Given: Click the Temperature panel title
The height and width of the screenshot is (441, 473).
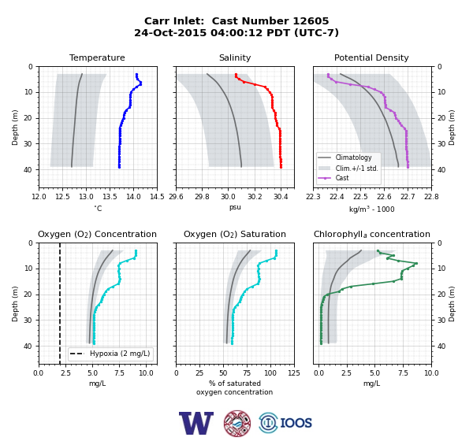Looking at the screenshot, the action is point(97,57).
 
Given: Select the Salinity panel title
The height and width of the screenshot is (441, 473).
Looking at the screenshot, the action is point(235,57).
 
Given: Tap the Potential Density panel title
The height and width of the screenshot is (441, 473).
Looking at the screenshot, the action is point(371,57).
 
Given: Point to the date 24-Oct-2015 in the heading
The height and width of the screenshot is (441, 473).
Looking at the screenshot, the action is point(170,32).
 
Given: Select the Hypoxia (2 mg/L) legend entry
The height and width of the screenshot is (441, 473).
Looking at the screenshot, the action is point(110,354).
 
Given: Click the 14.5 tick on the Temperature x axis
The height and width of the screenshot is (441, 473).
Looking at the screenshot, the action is point(157,197).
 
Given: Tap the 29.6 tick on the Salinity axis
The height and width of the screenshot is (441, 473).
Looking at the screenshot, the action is point(176,197).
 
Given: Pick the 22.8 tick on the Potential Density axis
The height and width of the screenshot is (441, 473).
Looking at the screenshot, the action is point(431,197).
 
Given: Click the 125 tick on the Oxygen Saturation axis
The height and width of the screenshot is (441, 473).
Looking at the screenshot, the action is point(294,373).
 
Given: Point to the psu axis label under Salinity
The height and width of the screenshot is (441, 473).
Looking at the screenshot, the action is point(235,207).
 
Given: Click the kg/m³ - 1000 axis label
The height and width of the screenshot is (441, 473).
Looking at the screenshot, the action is point(371,209).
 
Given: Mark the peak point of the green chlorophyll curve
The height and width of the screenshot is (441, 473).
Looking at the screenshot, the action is point(416,264).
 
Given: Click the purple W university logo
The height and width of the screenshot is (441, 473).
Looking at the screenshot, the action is point(196,423).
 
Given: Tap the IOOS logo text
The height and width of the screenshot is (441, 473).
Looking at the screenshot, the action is point(296,423).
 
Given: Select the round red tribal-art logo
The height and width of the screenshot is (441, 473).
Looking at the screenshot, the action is point(237,423).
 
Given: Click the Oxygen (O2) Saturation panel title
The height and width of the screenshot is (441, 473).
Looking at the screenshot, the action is point(235,234).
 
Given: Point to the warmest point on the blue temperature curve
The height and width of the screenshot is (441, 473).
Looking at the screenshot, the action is point(140,83).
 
